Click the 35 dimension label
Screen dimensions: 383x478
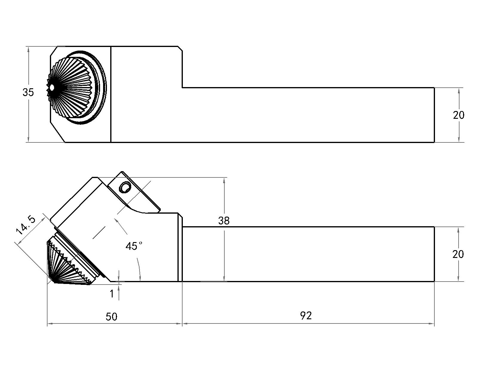point(28,93)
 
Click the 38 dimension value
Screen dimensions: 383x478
point(224,221)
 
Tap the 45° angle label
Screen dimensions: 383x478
point(134,246)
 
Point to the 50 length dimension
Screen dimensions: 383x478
point(112,317)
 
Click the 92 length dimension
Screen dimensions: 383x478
point(306,316)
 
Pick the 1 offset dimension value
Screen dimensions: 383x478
point(112,294)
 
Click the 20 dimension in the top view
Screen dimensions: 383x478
point(459,115)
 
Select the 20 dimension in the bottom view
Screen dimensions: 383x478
point(458,254)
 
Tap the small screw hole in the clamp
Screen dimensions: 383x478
point(125,188)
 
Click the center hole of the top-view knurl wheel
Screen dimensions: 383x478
point(52,88)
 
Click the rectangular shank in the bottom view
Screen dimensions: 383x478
point(308,254)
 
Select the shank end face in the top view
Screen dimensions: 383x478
point(434,115)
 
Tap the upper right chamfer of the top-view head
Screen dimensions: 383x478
point(180,48)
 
